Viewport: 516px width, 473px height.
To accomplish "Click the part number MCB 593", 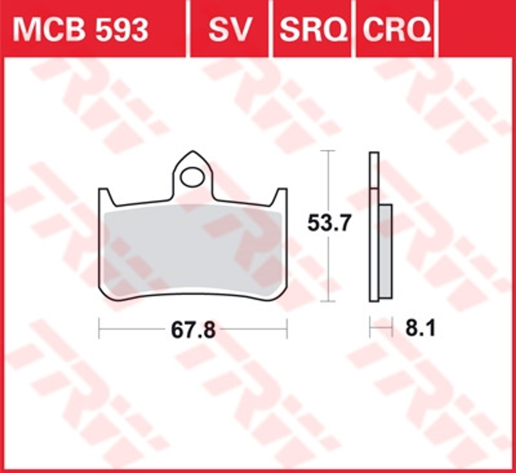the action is pos(80,30).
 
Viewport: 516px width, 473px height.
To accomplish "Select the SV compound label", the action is pos(229,30).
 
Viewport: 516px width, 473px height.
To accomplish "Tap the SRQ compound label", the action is pos(313,30).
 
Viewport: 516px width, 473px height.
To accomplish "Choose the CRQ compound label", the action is pos(397,30).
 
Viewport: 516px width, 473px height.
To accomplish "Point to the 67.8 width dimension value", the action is pos(193,330).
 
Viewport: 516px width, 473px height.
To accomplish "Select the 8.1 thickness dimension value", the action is pos(421,329).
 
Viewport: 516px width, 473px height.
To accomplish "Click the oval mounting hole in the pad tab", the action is pos(193,177).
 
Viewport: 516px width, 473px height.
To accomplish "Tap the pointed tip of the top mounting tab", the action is pos(193,151).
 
